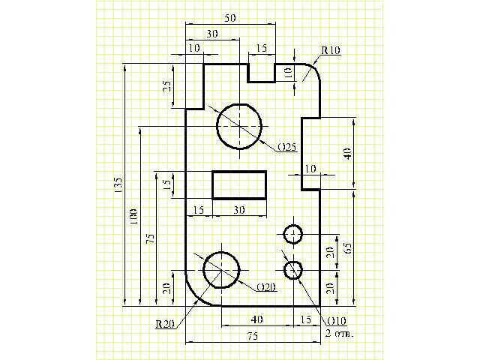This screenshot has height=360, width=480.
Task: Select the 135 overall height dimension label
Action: [118, 187]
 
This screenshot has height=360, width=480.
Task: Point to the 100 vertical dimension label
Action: [134, 217]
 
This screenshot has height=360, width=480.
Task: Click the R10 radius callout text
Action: [331, 49]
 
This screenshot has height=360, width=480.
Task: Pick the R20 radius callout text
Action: [166, 324]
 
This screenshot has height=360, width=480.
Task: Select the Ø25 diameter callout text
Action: [286, 145]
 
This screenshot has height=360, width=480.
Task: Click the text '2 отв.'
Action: [339, 331]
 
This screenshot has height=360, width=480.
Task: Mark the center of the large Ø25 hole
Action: [239, 126]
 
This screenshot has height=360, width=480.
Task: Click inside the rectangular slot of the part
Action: [239, 184]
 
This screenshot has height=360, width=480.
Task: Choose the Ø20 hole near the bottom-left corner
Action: [221, 269]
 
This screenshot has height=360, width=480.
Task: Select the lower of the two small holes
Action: [292, 269]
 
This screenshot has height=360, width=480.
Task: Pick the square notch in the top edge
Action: [260, 72]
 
